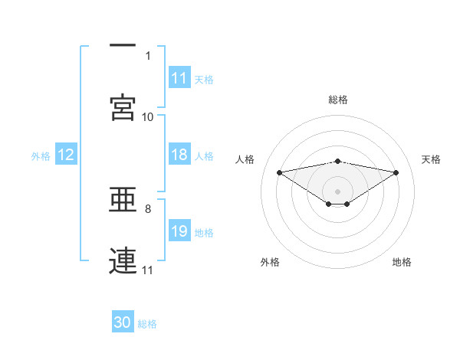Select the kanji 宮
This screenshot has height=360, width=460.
(x=123, y=107)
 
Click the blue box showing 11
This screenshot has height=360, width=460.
(x=179, y=78)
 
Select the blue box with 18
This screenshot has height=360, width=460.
(x=179, y=155)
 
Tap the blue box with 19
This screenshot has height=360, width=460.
(x=179, y=231)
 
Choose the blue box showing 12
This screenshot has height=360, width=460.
(x=66, y=155)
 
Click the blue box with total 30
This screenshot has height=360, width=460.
(x=123, y=322)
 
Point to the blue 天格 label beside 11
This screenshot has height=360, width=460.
(x=204, y=79)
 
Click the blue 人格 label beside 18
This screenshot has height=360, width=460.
(x=204, y=155)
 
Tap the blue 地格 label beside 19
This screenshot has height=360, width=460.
(x=204, y=232)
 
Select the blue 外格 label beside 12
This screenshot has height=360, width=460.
(x=41, y=155)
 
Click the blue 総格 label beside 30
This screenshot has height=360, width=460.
(x=147, y=323)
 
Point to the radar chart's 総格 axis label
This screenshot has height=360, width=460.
(x=338, y=100)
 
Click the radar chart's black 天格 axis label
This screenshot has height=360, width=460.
(x=431, y=159)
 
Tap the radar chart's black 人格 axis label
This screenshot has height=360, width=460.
(x=245, y=159)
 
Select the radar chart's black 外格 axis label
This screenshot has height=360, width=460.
(x=270, y=262)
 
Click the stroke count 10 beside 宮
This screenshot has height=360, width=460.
(x=147, y=116)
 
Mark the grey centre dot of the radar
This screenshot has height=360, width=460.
(x=338, y=190)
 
